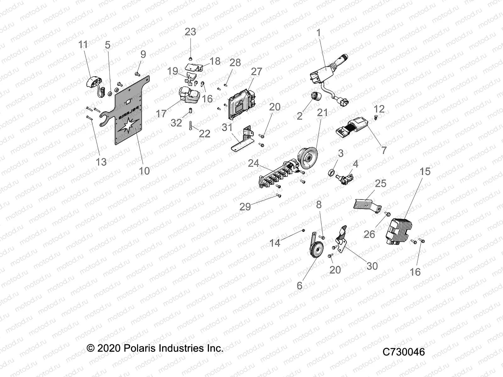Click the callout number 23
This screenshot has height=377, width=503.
click(x=190, y=32)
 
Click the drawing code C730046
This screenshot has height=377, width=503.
click(x=403, y=352)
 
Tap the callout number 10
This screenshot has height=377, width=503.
click(x=144, y=171)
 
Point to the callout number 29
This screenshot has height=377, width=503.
click(x=245, y=207)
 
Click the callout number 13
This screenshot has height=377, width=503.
click(x=101, y=162)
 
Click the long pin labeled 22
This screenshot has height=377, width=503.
click(x=191, y=126)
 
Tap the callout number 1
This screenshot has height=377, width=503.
click(x=318, y=33)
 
